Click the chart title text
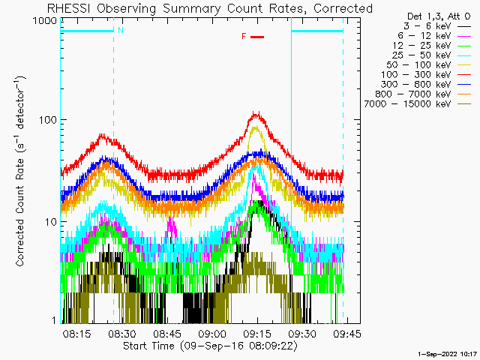pos(210,8)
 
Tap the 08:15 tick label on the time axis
pos(76,334)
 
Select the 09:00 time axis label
pos(212,334)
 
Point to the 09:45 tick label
pos(347,334)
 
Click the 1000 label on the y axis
pos(45,21)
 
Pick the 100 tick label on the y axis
pos(48,120)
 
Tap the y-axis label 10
pos(51,222)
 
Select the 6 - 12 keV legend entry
pos(424,36)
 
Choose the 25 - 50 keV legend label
pos(421,55)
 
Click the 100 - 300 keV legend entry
pos(416,75)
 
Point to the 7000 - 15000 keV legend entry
pos(407,104)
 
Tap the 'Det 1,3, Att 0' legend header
pos(439,16)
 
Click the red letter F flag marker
pos(244,37)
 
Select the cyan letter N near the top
pos(121,30)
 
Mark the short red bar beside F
pos(257,37)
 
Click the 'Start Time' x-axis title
pos(210,346)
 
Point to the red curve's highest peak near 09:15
pos(256,113)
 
